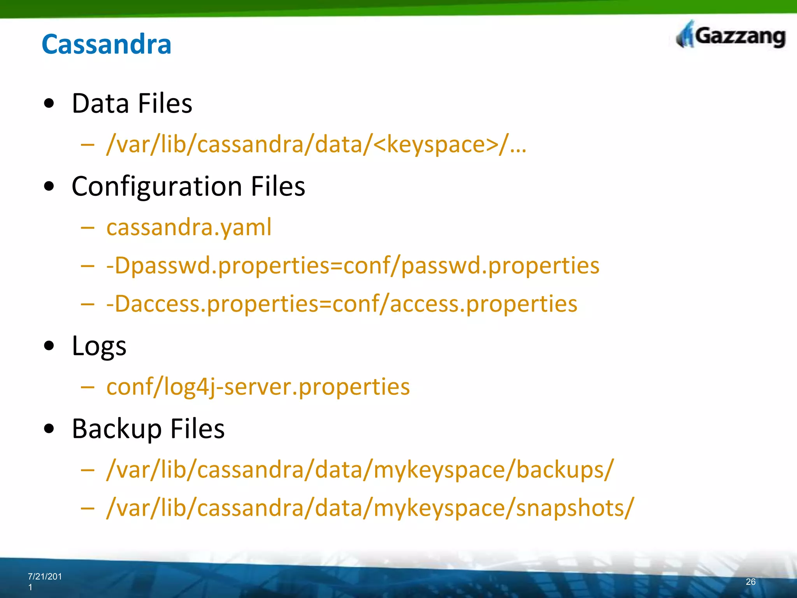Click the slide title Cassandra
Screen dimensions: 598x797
[106, 44]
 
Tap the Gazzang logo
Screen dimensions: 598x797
[731, 37]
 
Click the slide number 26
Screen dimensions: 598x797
[750, 582]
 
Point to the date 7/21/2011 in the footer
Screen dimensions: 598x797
[44, 581]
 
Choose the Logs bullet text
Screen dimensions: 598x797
[99, 346]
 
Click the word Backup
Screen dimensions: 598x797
[116, 429]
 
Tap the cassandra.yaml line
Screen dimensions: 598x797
[189, 227]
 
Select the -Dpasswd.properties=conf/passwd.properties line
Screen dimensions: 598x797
[353, 266]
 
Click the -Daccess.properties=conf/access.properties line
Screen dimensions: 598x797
[342, 304]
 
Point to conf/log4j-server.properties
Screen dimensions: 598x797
[258, 387]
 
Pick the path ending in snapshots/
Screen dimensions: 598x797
[370, 508]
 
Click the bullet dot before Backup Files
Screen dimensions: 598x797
[49, 429]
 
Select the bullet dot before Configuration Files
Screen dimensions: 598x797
[49, 186]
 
